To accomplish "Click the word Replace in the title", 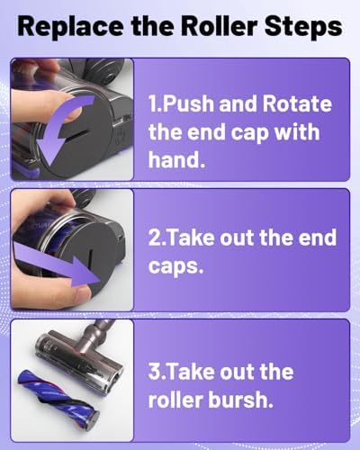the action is pyautogui.click(x=70, y=26).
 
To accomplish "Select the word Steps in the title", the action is pyautogui.click(x=303, y=27).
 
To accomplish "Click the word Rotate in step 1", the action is pyautogui.click(x=297, y=103).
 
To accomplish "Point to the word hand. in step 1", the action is pyautogui.click(x=176, y=158).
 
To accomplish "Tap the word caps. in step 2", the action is pyautogui.click(x=175, y=266).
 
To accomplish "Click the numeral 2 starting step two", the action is pyautogui.click(x=155, y=238).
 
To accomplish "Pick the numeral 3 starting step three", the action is pyautogui.click(x=155, y=372).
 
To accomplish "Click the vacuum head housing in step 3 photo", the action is pyautogui.click(x=79, y=360).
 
